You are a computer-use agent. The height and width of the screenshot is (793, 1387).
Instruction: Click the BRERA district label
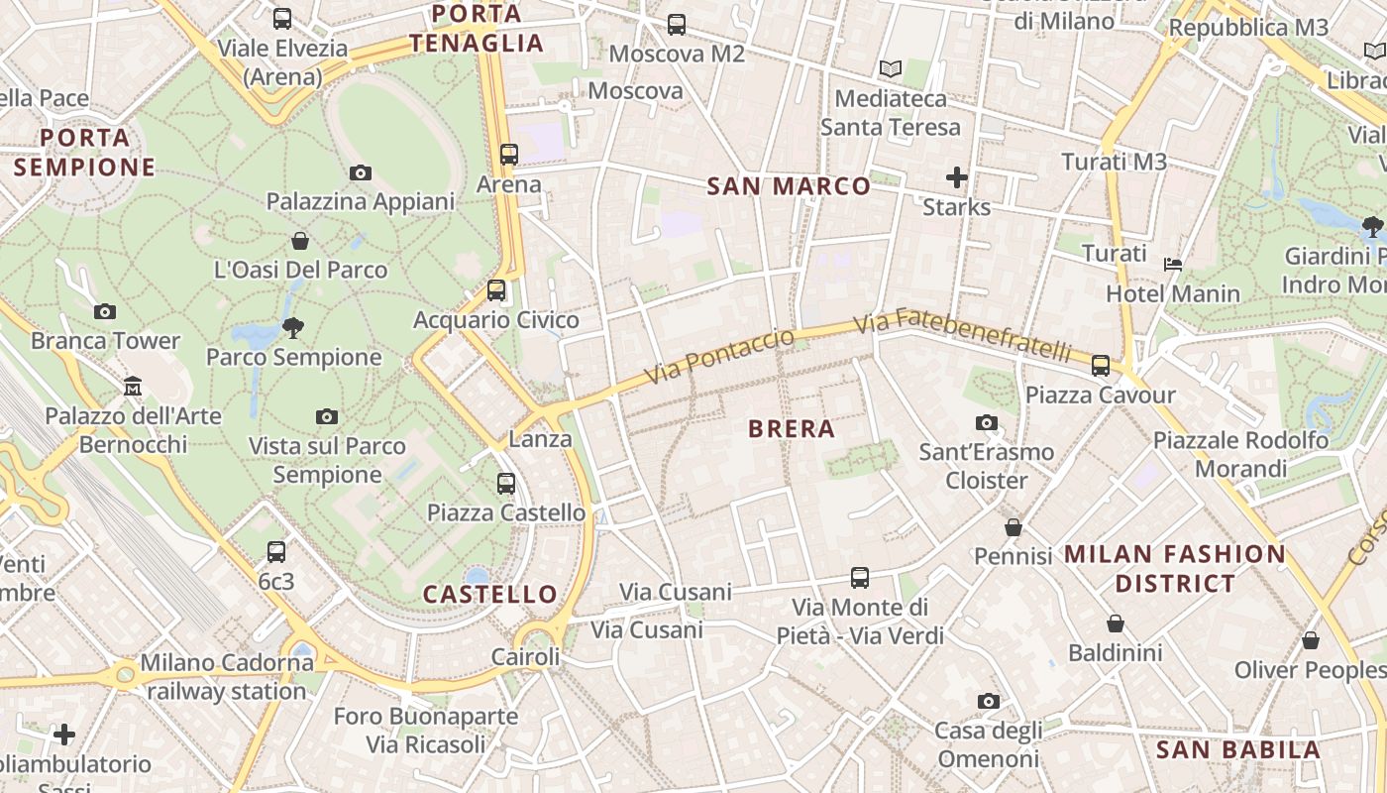click(792, 429)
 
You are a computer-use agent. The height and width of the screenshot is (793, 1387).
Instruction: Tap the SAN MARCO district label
click(789, 186)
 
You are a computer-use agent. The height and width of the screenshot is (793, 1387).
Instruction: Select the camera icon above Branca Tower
click(105, 311)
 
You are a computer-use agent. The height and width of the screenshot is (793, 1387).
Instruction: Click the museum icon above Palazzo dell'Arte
click(133, 386)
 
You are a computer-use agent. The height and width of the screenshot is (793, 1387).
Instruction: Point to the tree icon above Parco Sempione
click(293, 326)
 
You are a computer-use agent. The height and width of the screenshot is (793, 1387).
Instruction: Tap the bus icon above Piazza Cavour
click(1100, 365)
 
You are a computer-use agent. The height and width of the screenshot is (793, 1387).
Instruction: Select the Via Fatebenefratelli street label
click(962, 335)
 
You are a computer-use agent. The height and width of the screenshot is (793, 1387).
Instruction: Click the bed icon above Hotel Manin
click(1173, 264)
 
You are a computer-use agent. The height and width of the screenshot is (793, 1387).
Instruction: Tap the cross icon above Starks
click(956, 177)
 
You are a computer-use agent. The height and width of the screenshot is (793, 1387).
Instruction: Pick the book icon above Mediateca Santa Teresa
click(891, 68)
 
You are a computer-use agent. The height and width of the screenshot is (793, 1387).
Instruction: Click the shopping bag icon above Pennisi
click(1013, 526)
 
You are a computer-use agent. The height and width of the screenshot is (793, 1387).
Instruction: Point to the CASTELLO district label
click(490, 595)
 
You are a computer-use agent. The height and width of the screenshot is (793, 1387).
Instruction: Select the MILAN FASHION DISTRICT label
click(1175, 568)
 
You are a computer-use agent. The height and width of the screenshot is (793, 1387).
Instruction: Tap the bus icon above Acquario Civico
click(496, 290)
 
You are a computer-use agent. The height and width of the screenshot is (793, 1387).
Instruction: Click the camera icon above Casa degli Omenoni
click(988, 701)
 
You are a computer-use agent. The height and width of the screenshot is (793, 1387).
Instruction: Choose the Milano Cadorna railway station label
click(227, 677)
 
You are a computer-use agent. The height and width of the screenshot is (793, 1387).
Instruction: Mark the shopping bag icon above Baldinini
click(1115, 623)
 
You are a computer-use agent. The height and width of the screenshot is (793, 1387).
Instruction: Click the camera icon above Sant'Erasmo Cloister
click(986, 422)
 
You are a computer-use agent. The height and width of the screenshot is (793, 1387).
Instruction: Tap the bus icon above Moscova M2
click(677, 24)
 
